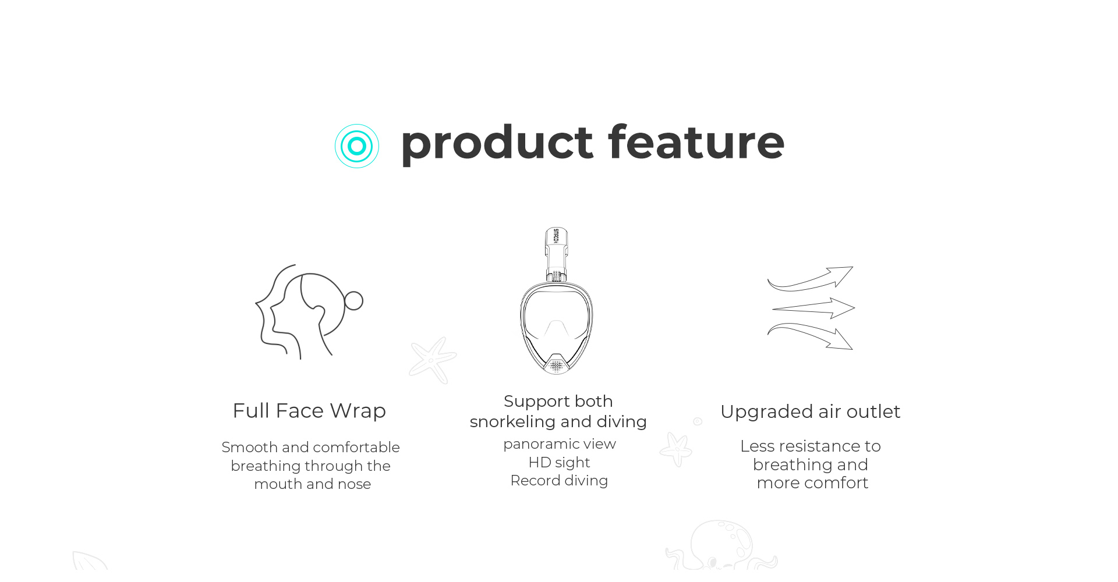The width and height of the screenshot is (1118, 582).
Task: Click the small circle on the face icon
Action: (353, 301)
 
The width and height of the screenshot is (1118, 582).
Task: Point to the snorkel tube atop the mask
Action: (556, 254)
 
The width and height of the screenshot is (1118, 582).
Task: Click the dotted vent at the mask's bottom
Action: (557, 365)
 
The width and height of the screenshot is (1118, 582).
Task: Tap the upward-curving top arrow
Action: (810, 279)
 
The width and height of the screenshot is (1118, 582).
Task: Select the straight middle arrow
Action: (813, 308)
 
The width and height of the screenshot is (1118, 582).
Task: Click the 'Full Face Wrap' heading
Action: (309, 411)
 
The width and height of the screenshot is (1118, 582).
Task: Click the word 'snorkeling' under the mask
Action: (512, 422)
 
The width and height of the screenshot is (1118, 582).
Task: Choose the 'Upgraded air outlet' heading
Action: (811, 412)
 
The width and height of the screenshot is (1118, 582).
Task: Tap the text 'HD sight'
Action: (559, 463)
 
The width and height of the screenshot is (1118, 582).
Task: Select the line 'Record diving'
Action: (559, 481)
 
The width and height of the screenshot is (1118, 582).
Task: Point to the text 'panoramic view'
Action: (560, 444)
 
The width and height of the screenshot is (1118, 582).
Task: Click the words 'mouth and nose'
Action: (313, 484)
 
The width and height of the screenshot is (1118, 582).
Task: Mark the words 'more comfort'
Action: (812, 483)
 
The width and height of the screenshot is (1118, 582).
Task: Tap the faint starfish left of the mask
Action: (432, 360)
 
